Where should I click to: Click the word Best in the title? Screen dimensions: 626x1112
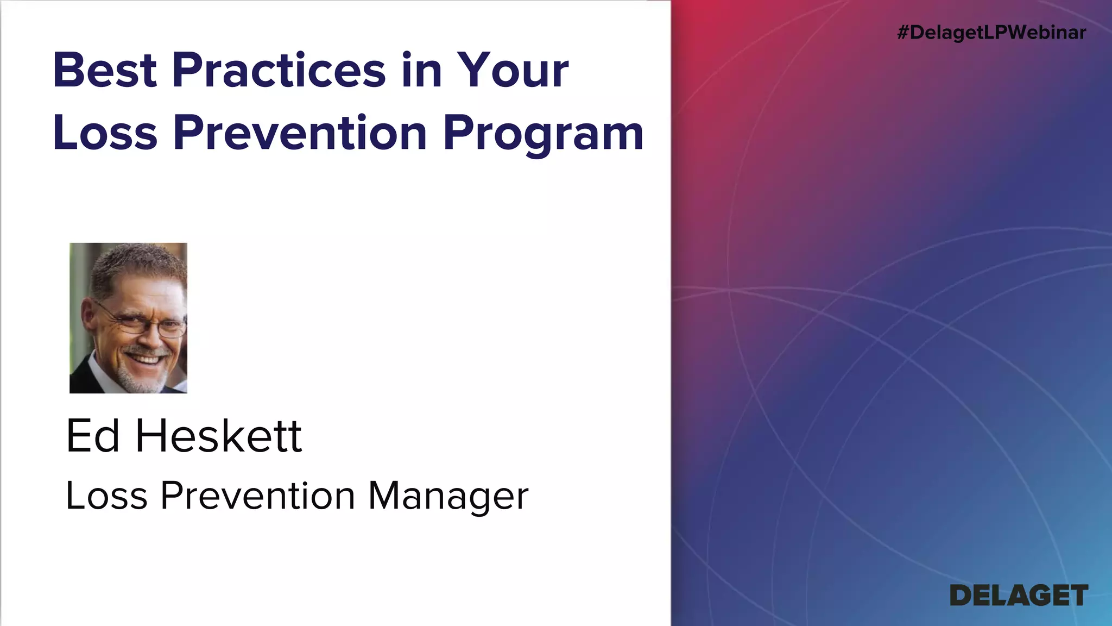(x=104, y=71)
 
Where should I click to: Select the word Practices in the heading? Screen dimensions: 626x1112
(x=279, y=71)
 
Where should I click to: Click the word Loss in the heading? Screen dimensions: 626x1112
(x=104, y=133)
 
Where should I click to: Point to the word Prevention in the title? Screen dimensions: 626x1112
(x=300, y=133)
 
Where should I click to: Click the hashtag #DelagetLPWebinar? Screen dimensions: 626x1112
(x=991, y=33)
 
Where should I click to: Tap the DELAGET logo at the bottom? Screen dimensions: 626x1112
(x=1019, y=596)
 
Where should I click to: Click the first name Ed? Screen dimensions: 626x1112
(x=92, y=436)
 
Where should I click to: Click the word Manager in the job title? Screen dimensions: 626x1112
(x=448, y=496)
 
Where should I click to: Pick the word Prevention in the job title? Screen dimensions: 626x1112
(x=257, y=495)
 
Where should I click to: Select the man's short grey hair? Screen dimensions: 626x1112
(x=136, y=264)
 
